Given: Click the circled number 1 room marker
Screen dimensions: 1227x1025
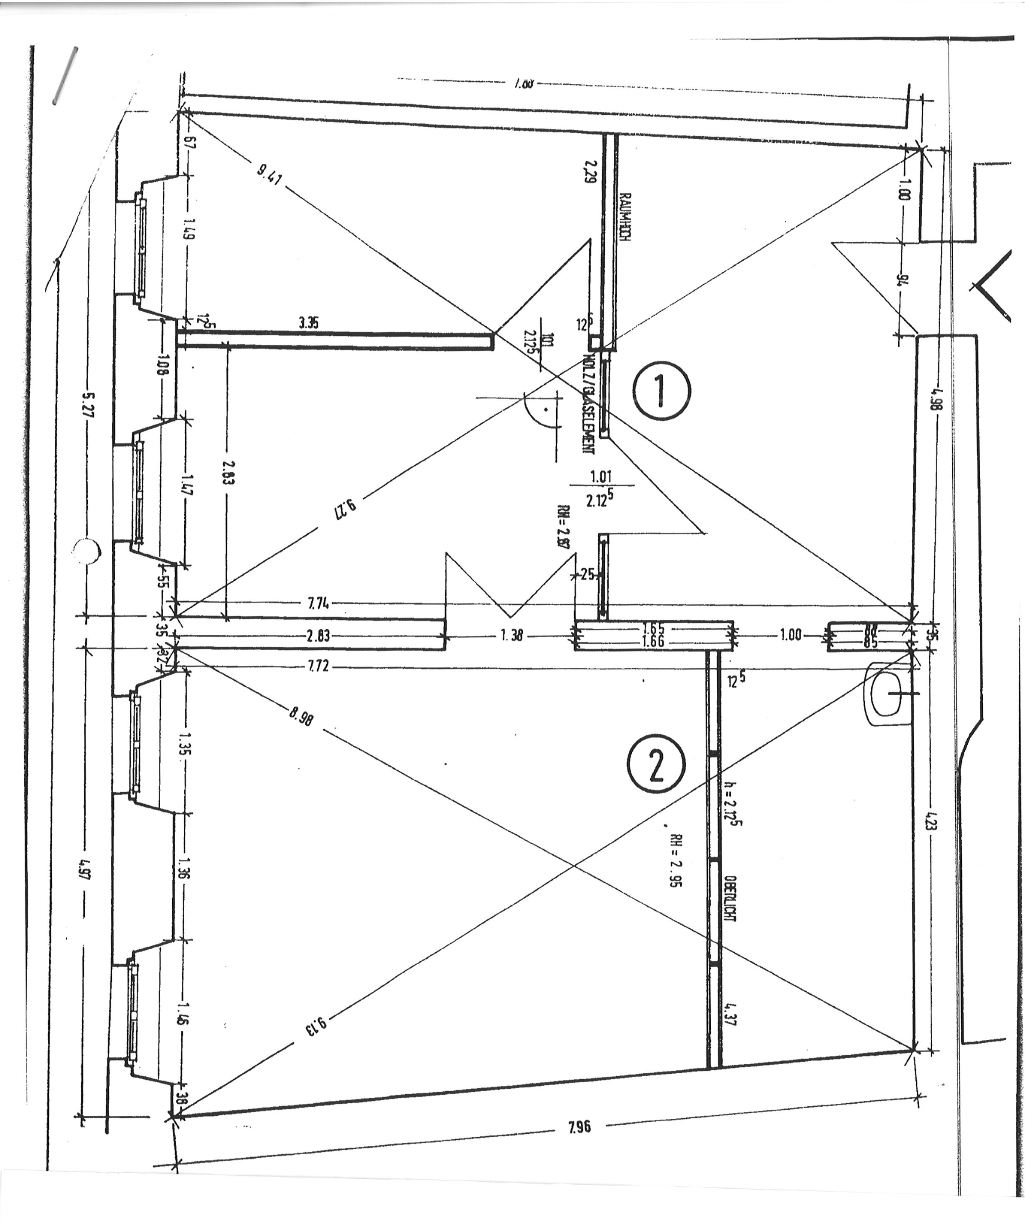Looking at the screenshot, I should click(x=661, y=391).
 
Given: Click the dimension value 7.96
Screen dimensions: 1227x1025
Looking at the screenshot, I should click(x=579, y=1126).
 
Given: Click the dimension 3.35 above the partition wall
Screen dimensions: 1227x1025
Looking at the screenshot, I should click(x=308, y=323).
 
